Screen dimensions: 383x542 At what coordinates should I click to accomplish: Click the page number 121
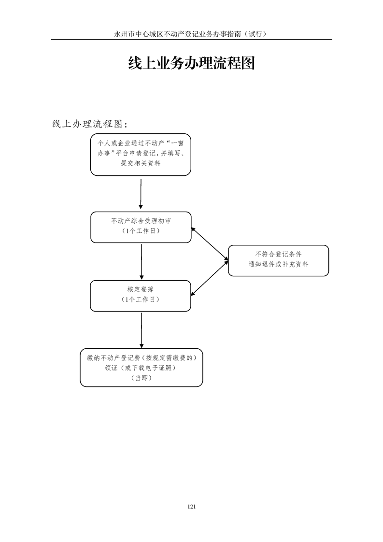(x=191, y=506)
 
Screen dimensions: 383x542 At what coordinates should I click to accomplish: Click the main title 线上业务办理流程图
(x=191, y=63)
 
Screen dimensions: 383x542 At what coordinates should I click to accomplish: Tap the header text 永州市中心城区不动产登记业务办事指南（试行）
(x=191, y=34)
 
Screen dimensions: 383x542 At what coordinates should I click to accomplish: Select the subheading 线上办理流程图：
(x=90, y=124)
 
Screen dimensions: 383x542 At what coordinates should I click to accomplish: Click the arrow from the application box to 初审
(x=141, y=194)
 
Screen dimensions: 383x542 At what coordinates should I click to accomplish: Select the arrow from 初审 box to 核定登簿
(x=142, y=262)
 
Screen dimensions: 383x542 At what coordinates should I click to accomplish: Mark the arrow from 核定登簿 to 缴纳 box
(x=142, y=330)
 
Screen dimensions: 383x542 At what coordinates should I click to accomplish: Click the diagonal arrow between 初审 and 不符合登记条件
(x=210, y=243)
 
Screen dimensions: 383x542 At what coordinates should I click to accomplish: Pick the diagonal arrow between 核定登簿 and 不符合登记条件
(x=210, y=278)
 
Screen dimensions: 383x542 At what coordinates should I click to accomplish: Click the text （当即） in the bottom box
(x=142, y=378)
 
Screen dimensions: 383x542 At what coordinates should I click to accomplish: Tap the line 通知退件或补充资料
(x=278, y=264)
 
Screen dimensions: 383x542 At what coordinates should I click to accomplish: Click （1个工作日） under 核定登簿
(x=141, y=300)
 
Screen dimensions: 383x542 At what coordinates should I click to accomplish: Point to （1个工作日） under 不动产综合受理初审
(x=141, y=230)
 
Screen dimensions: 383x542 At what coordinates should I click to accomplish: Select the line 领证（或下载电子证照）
(x=141, y=368)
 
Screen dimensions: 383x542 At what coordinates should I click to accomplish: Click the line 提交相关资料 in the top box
(x=141, y=163)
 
